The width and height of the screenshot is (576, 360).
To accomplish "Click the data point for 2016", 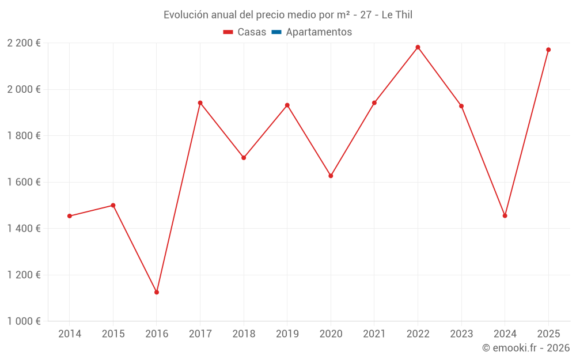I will coord(157,292).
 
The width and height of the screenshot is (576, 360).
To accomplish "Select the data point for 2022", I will coord(418,47).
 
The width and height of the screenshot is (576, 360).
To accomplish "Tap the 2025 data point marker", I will coord(548,50).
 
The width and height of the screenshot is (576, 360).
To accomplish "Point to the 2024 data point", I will coord(505,215).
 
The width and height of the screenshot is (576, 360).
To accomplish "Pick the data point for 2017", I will coord(200,103).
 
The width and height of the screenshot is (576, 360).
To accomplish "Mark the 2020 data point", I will coord(331,176).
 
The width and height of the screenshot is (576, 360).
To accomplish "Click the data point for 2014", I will coord(70,216).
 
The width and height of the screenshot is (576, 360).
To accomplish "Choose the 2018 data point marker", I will coord(244,157).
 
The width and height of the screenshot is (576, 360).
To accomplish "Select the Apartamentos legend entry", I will coord(319,32).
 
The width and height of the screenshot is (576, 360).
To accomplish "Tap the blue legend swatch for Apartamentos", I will coord(276,32).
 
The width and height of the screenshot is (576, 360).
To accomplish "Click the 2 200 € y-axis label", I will coord(24,43).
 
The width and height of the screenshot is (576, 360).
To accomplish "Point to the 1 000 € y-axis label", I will coord(24,321).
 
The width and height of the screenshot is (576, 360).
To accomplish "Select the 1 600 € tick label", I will coord(24,182).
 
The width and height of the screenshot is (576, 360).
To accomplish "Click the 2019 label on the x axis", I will coord(287,334).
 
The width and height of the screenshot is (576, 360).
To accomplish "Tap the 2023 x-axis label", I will coord(461,334).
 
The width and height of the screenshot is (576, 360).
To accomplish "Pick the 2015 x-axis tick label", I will coord(113,334).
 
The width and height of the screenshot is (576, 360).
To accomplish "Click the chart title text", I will coord(288,15).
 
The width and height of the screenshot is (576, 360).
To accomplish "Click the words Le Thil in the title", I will coord(397,15).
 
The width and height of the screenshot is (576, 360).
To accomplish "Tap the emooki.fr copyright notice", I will coord(526,348).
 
